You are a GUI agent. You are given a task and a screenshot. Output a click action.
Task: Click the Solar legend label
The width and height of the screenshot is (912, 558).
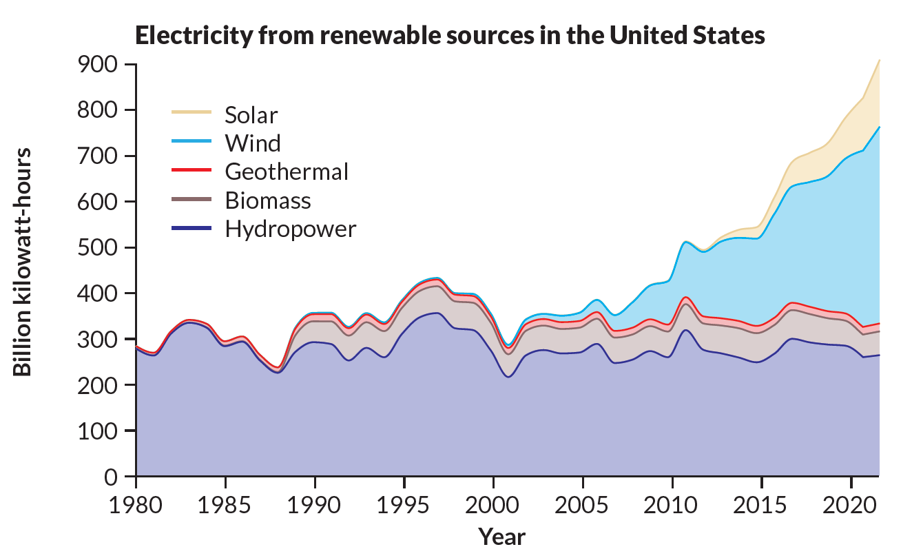click(x=251, y=114)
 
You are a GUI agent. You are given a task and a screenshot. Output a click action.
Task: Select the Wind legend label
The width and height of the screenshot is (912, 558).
click(x=253, y=143)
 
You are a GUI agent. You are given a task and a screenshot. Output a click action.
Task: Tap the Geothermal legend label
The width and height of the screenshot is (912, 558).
click(x=287, y=172)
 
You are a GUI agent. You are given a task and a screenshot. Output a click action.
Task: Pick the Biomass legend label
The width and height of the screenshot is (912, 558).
click(x=268, y=200)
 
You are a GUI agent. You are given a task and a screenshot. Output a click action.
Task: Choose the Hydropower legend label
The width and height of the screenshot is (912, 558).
click(x=290, y=229)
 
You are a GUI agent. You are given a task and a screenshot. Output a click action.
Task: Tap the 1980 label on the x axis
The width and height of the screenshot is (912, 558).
click(x=136, y=501)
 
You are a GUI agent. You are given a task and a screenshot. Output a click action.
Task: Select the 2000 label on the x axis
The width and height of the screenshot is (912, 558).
click(x=493, y=501)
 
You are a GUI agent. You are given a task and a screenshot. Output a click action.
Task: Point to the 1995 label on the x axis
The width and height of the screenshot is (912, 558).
click(x=404, y=501)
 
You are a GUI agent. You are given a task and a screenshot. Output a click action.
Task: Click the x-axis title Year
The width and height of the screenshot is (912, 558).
click(x=502, y=536)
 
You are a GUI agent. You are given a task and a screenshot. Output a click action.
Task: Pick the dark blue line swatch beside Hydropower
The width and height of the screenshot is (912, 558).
click(x=191, y=225)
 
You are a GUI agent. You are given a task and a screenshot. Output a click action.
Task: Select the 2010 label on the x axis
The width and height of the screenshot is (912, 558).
click(x=672, y=501)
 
